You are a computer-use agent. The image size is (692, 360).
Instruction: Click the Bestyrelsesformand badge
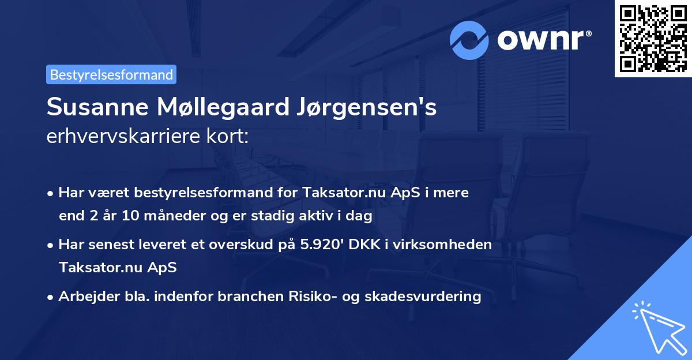[x=111, y=74]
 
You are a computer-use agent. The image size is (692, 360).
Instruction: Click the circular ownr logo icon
[x=470, y=40]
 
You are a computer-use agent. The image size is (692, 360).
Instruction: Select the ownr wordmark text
[x=543, y=40]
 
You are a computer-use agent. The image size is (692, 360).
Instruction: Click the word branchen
[x=245, y=296]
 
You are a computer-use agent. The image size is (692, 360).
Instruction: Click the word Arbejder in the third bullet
[x=81, y=296]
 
